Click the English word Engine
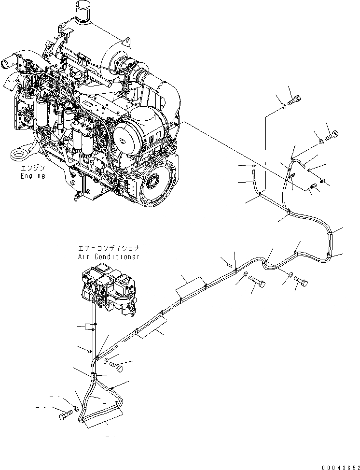[33, 176]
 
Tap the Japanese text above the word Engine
[33, 168]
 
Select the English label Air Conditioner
[109, 256]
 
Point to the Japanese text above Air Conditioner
[109, 248]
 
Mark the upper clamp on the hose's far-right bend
[329, 233]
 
